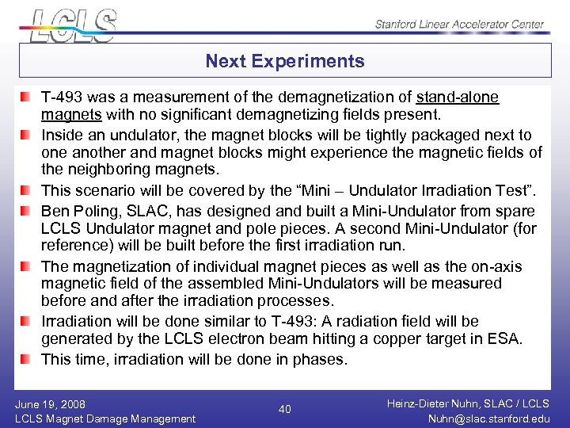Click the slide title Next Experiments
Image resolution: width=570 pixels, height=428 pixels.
pyautogui.click(x=285, y=61)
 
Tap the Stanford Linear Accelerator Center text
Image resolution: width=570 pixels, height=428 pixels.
pyautogui.click(x=460, y=24)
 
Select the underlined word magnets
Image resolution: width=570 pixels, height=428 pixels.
pyautogui.click(x=67, y=116)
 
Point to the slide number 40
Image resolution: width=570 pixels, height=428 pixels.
pyautogui.click(x=285, y=409)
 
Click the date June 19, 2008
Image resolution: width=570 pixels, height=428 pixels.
pyautogui.click(x=51, y=404)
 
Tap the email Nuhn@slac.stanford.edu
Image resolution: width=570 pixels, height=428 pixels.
pyautogui.click(x=488, y=418)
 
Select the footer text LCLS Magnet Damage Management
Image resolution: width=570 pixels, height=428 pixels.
pyautogui.click(x=105, y=418)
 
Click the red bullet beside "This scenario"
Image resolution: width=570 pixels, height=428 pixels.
pyautogui.click(x=27, y=191)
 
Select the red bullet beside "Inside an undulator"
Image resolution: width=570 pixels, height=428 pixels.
pyautogui.click(x=27, y=136)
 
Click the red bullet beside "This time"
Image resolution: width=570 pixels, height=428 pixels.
pyautogui.click(x=27, y=359)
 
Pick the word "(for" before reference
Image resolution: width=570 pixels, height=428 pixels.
pyautogui.click(x=523, y=229)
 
